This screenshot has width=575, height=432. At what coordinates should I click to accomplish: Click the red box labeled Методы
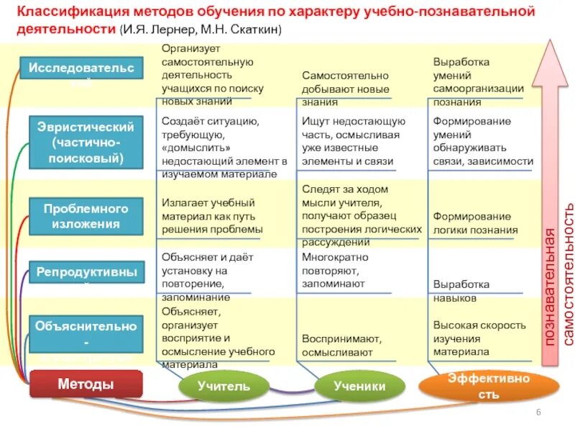tap(86, 384)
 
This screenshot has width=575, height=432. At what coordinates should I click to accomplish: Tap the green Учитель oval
tap(224, 387)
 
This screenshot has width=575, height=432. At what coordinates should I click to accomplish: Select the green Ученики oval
tap(359, 387)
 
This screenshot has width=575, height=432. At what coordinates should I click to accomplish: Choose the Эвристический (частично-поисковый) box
tap(86, 143)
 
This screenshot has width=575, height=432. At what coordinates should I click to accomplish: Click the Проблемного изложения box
tap(86, 216)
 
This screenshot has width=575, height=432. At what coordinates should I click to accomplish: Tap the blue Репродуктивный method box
tap(86, 273)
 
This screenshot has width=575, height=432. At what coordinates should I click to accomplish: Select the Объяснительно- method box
tap(86, 332)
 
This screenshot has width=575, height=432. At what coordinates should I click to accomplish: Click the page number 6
tap(538, 410)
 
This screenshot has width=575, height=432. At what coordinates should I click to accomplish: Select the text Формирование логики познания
tap(471, 223)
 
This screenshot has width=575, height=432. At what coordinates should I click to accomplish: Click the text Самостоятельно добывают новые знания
tap(344, 89)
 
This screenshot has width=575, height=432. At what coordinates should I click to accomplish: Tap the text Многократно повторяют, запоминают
tap(334, 270)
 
